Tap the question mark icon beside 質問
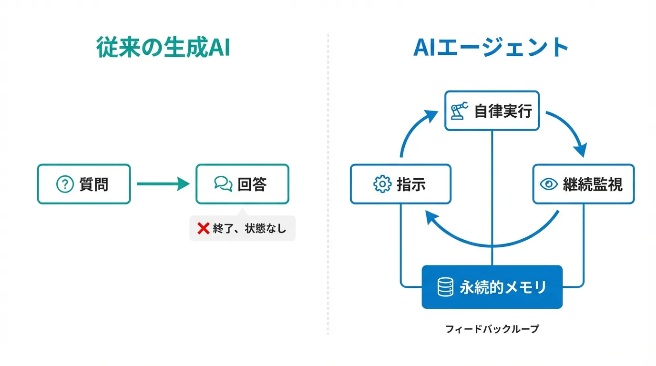tap(65, 184)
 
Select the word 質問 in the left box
tap(94, 184)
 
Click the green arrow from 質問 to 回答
tap(163, 184)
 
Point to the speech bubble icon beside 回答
tap(223, 184)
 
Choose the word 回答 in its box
tap(252, 184)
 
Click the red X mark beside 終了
tap(204, 228)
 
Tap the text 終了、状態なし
tap(249, 228)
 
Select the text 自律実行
tap(503, 111)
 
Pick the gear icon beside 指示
tap(382, 184)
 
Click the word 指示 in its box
tap(411, 184)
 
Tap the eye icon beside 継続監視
tap(549, 184)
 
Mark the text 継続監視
tap(593, 184)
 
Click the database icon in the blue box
tap(445, 287)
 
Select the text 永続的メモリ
tap(503, 287)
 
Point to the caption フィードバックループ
tap(492, 329)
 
